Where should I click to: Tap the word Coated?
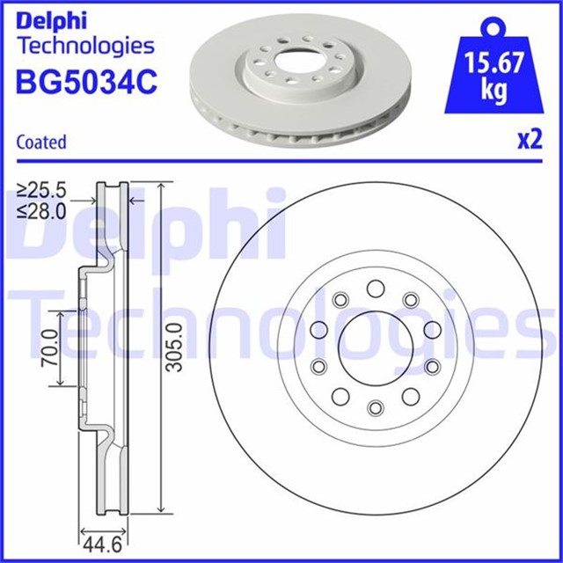click(41, 142)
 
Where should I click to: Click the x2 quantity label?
click(528, 141)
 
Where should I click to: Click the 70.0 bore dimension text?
click(48, 348)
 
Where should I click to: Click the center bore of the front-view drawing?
click(376, 347)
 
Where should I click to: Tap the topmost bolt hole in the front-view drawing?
click(376, 288)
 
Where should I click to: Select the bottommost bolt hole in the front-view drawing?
click(376, 406)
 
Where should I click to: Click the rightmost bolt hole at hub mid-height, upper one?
click(432, 329)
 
